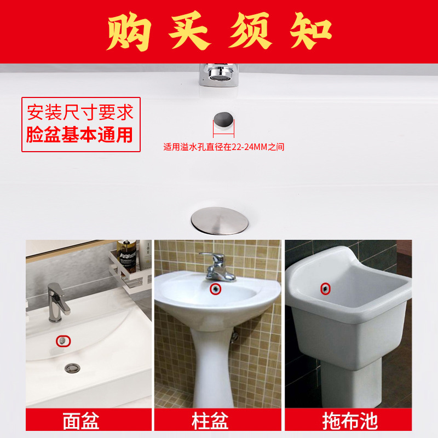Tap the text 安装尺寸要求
tap(80, 113)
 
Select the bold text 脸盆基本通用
tap(80, 134)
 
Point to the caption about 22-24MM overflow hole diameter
tap(223, 147)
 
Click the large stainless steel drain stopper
tap(220, 220)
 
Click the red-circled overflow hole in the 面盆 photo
tap(64, 340)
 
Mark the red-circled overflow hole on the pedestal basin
tap(216, 287)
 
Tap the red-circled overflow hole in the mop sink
tap(326, 288)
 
